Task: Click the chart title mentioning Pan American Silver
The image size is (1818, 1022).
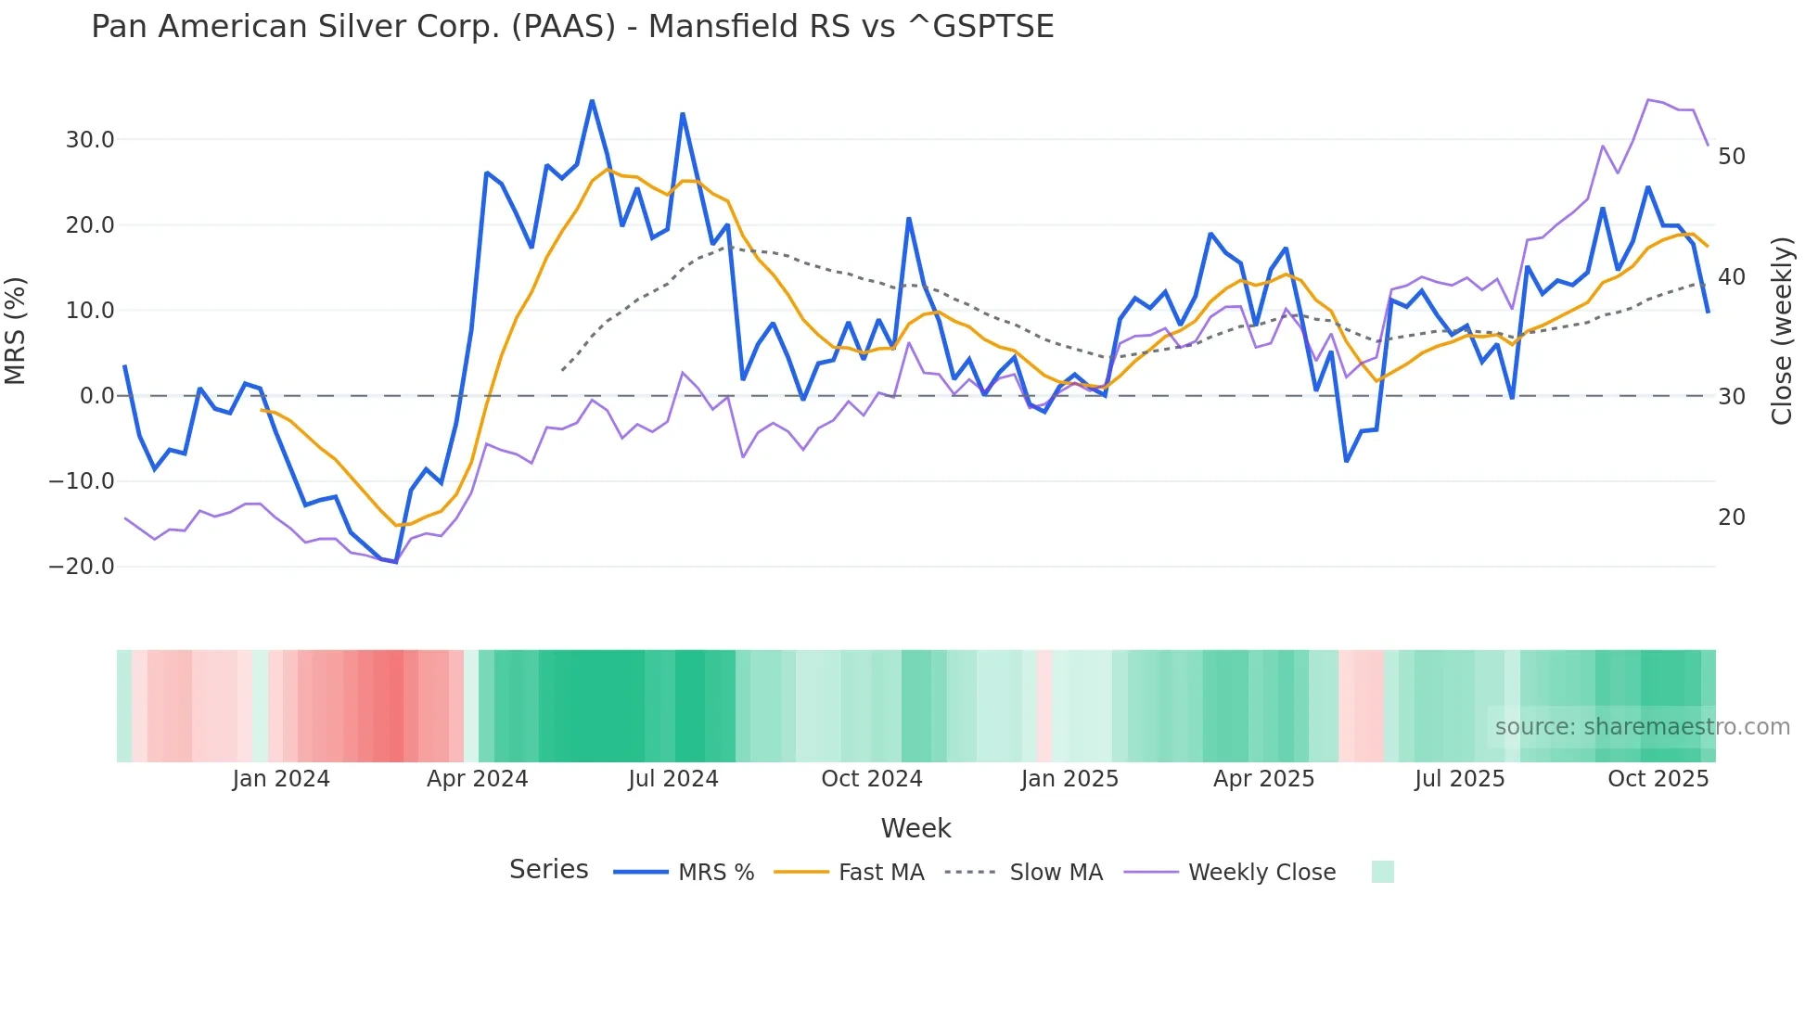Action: coord(572,27)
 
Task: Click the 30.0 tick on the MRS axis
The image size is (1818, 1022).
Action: coord(90,140)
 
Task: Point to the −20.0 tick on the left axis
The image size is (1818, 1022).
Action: coord(82,567)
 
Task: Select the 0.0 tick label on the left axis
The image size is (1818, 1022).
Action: coord(96,396)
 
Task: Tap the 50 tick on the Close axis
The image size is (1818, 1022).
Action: coord(1731,157)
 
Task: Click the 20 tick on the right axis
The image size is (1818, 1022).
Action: coord(1731,517)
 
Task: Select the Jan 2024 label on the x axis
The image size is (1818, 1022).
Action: coord(281,779)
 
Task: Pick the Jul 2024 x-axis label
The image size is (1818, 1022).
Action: coord(673,779)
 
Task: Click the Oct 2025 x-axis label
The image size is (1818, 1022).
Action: coord(1658,779)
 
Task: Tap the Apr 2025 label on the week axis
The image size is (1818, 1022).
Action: coord(1263,779)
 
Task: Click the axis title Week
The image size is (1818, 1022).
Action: coord(915,828)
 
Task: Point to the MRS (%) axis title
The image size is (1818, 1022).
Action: coord(16,330)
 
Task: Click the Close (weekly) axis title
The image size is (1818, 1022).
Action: coord(1781,331)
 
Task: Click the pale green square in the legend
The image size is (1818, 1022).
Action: coord(1382,872)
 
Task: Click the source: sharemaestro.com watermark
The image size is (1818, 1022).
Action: coord(1642,727)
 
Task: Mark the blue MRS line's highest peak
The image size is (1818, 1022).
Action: coord(592,101)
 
